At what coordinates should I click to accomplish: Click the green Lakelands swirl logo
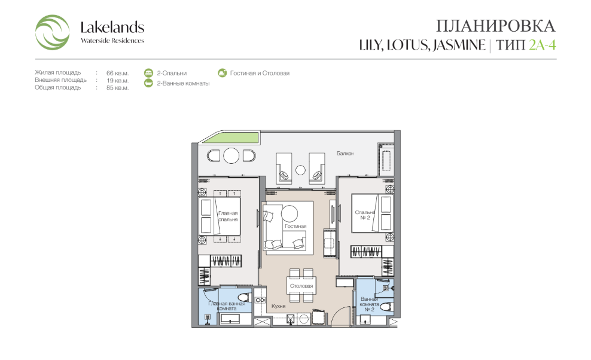tap(52, 32)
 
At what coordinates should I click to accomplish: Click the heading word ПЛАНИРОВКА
tap(496, 26)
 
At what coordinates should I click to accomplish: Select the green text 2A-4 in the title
tap(543, 45)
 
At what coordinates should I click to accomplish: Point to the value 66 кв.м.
tap(118, 73)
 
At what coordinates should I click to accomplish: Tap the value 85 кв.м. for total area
tap(118, 87)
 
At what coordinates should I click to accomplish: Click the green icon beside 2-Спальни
tap(148, 73)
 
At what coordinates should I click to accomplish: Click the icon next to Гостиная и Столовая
tap(223, 72)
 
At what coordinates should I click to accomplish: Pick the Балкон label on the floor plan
tap(345, 154)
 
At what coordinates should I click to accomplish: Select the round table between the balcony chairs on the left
tap(231, 155)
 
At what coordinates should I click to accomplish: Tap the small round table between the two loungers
tap(300, 170)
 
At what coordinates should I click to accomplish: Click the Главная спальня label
tap(228, 216)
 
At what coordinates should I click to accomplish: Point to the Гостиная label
tap(295, 226)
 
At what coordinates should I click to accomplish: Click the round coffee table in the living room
tap(290, 213)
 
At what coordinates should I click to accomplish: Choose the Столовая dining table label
tap(301, 286)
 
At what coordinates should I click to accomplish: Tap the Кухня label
tap(279, 306)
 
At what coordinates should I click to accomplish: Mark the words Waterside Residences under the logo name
tap(112, 41)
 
